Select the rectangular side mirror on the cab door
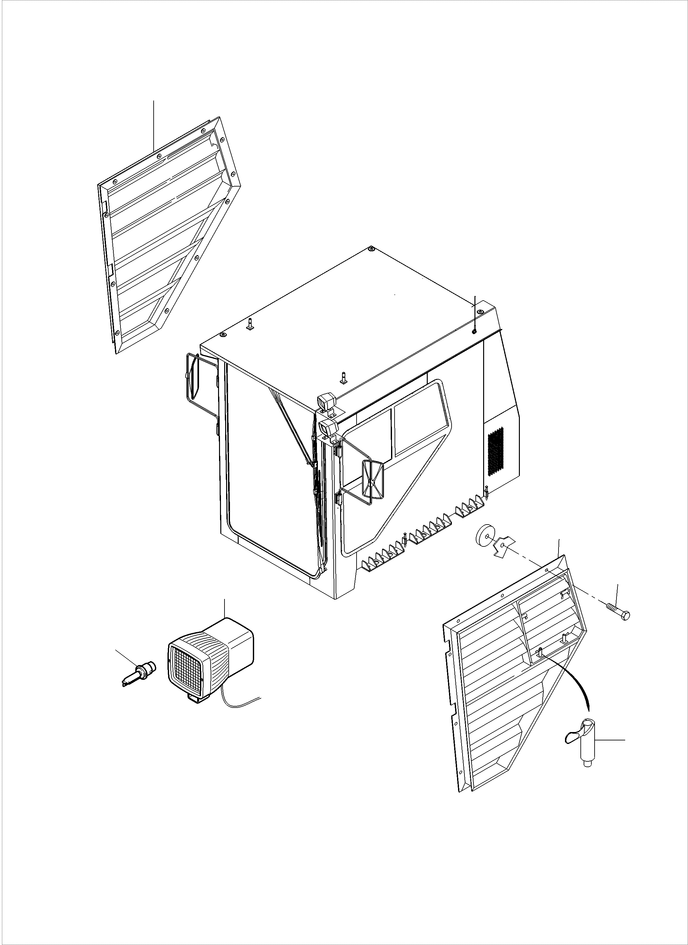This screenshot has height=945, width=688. coord(373,479)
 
